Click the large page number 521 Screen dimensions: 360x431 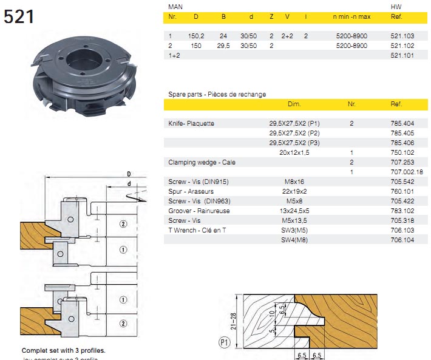click(x=19, y=17)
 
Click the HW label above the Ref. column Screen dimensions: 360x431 click(x=396, y=7)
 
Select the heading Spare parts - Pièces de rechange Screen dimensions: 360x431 click(x=217, y=94)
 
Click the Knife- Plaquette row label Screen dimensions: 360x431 click(x=191, y=123)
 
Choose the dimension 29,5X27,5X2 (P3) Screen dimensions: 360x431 click(x=294, y=143)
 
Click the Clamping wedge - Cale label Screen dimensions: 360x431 click(x=202, y=162)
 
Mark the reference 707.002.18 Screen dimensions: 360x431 click(x=404, y=172)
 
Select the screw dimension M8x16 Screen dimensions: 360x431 click(x=294, y=182)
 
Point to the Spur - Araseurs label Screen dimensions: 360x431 click(x=191, y=191)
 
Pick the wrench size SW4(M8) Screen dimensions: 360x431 click(x=294, y=240)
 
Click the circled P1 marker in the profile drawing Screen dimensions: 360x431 click(x=223, y=342)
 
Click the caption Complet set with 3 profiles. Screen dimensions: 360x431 click(x=64, y=351)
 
